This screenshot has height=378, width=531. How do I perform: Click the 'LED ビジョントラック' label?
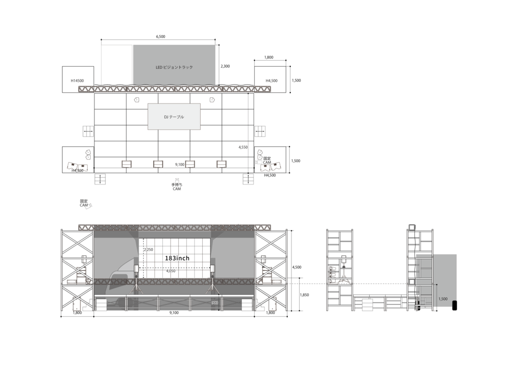pyautogui.click(x=174, y=67)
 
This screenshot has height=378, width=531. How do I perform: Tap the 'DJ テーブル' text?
pyautogui.click(x=174, y=117)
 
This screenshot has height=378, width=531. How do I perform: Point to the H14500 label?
pyautogui.click(x=78, y=81)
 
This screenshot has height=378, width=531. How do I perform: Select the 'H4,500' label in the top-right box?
pyautogui.click(x=271, y=81)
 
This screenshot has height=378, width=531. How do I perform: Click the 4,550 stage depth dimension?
pyautogui.click(x=243, y=148)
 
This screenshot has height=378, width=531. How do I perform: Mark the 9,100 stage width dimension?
pyautogui.click(x=179, y=164)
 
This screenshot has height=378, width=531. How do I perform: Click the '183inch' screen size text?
pyautogui.click(x=177, y=258)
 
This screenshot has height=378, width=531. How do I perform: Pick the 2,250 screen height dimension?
pyautogui.click(x=148, y=250)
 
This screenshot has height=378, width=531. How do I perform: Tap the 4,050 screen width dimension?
pyautogui.click(x=171, y=271)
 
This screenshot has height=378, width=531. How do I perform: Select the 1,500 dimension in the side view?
pyautogui.click(x=442, y=299)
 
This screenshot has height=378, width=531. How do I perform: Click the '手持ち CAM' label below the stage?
pyautogui.click(x=177, y=186)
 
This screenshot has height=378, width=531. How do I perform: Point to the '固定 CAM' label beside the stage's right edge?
pyautogui.click(x=267, y=161)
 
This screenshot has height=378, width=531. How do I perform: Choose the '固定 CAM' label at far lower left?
pyautogui.click(x=84, y=203)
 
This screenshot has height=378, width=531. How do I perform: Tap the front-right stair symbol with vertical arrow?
pyautogui.click(x=248, y=179)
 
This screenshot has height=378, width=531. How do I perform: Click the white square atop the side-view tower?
pyautogui.click(x=412, y=227)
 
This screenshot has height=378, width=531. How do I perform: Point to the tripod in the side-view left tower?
pyautogui.click(x=343, y=280)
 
